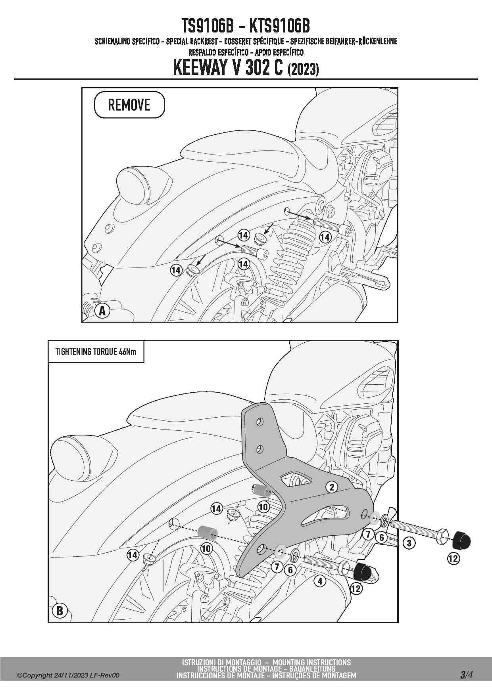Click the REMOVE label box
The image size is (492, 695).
[x=129, y=105]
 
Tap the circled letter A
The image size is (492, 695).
[x=102, y=311]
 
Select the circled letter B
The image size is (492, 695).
[x=60, y=611]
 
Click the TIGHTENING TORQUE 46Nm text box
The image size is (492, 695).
[x=96, y=351]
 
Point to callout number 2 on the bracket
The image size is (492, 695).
[x=332, y=487]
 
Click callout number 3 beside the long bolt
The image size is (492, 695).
[x=409, y=542]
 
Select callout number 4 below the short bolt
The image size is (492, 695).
[x=320, y=581]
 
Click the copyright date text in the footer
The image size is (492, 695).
[x=68, y=676]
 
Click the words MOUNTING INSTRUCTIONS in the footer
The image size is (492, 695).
[x=311, y=662]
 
